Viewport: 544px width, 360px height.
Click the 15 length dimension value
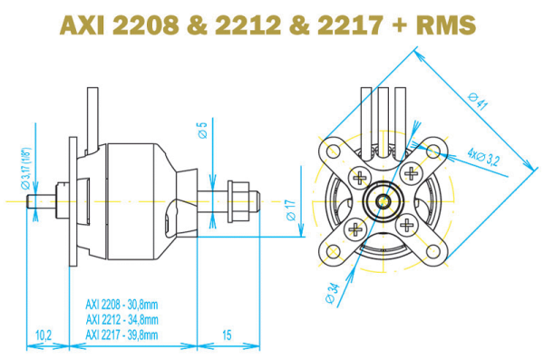(227, 336)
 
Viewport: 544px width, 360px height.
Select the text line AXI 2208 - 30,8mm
(122, 306)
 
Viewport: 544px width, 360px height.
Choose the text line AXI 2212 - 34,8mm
(122, 319)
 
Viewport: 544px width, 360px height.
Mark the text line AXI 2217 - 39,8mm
(122, 334)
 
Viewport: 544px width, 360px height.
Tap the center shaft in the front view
(384, 198)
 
